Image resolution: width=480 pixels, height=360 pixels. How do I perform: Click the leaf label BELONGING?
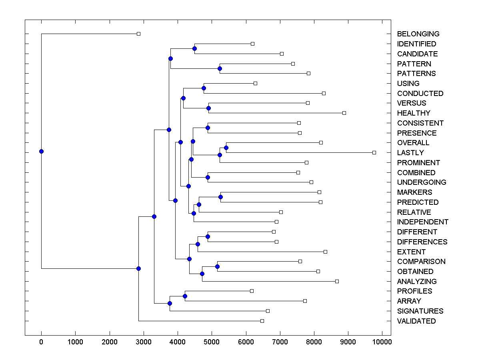[418, 34]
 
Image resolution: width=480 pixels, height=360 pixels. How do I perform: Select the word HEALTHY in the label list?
[414, 113]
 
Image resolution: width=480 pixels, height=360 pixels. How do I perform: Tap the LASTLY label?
[410, 153]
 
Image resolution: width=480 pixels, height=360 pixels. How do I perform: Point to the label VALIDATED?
[416, 321]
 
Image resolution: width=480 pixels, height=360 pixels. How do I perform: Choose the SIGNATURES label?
[420, 311]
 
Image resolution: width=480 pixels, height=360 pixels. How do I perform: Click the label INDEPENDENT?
[423, 222]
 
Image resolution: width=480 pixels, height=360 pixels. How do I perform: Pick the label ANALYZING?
[417, 282]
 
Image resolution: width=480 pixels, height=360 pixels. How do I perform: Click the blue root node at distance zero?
[41, 151]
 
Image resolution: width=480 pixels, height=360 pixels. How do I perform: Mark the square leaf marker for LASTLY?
[374, 152]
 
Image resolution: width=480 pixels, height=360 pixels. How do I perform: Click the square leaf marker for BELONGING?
[138, 34]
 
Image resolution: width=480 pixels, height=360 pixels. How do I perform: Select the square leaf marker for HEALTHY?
[344, 113]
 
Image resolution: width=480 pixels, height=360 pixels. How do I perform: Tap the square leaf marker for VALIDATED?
[262, 321]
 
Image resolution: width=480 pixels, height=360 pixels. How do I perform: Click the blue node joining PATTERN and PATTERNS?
[220, 68]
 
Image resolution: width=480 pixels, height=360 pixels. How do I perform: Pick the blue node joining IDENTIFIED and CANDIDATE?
[194, 49]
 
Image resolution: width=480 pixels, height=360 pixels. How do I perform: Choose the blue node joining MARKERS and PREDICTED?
[220, 197]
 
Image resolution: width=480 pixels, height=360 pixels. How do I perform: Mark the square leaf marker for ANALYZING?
[337, 282]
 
